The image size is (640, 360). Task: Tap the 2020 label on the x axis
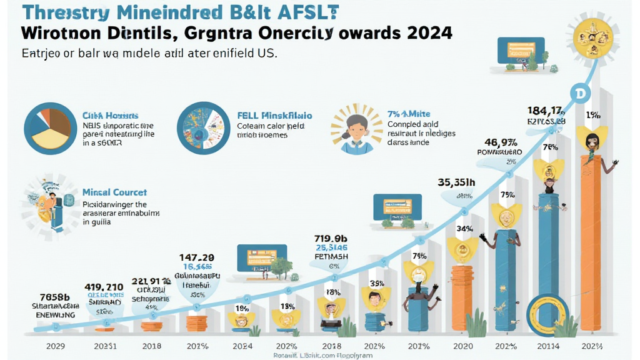point(464,346)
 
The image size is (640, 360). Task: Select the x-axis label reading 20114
point(547,346)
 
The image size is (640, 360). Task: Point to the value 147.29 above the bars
point(197,257)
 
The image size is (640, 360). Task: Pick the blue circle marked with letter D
point(581,92)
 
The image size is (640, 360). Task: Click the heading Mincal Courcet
point(114,192)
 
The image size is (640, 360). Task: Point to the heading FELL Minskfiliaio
point(274,116)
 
